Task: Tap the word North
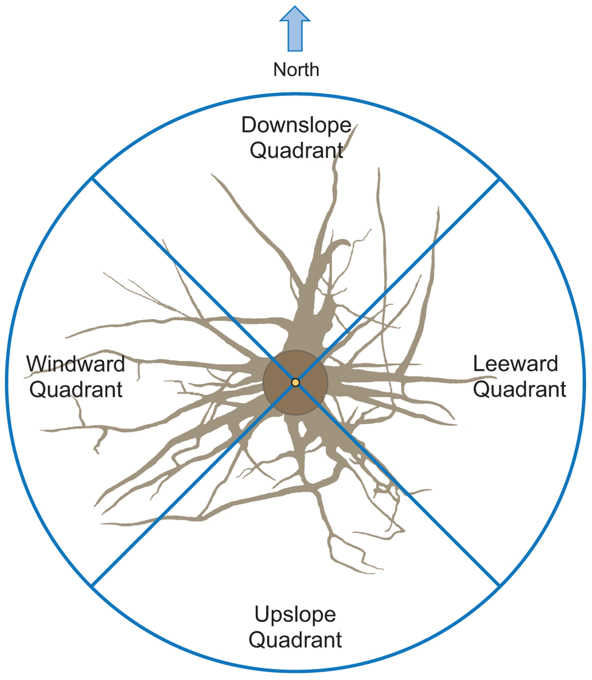pyautogui.click(x=296, y=69)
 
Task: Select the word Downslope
pyautogui.click(x=296, y=125)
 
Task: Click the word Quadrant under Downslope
pyautogui.click(x=296, y=149)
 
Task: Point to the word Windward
pyautogui.click(x=75, y=364)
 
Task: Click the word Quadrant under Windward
pyautogui.click(x=75, y=389)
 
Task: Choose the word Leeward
pyautogui.click(x=515, y=364)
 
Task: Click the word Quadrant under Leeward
pyautogui.click(x=519, y=389)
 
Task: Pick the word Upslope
pyautogui.click(x=295, y=614)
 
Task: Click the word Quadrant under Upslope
pyautogui.click(x=295, y=639)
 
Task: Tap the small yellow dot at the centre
pyautogui.click(x=295, y=382)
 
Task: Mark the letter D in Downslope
pyautogui.click(x=249, y=125)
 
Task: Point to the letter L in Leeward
pyautogui.click(x=478, y=364)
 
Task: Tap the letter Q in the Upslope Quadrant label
pyautogui.click(x=257, y=639)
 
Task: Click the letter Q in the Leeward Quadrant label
pyautogui.click(x=481, y=389)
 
